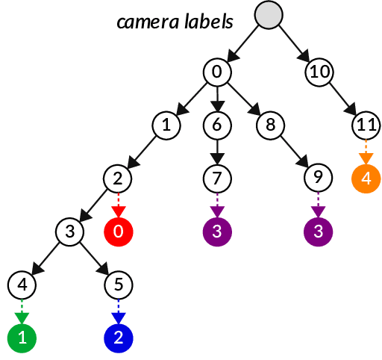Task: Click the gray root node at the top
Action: click(x=269, y=15)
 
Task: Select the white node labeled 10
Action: click(x=319, y=72)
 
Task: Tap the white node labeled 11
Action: click(x=366, y=125)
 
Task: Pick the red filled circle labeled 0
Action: click(x=119, y=232)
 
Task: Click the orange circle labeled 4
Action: click(x=366, y=179)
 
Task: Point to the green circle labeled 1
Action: click(x=22, y=338)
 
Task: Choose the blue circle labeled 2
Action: click(x=119, y=338)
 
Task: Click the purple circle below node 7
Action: click(x=217, y=232)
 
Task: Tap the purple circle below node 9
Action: click(x=319, y=232)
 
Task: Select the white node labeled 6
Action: click(x=217, y=125)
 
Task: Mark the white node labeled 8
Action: click(x=270, y=125)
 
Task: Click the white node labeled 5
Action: click(x=119, y=285)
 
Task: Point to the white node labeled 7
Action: click(x=217, y=179)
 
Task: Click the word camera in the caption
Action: click(x=148, y=22)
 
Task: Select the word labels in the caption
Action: click(x=209, y=21)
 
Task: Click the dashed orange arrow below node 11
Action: click(x=366, y=152)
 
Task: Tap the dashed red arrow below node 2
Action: click(x=119, y=205)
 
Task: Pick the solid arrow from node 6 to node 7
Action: click(x=217, y=152)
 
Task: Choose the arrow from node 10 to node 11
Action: click(x=342, y=99)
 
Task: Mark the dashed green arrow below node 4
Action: click(x=22, y=311)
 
